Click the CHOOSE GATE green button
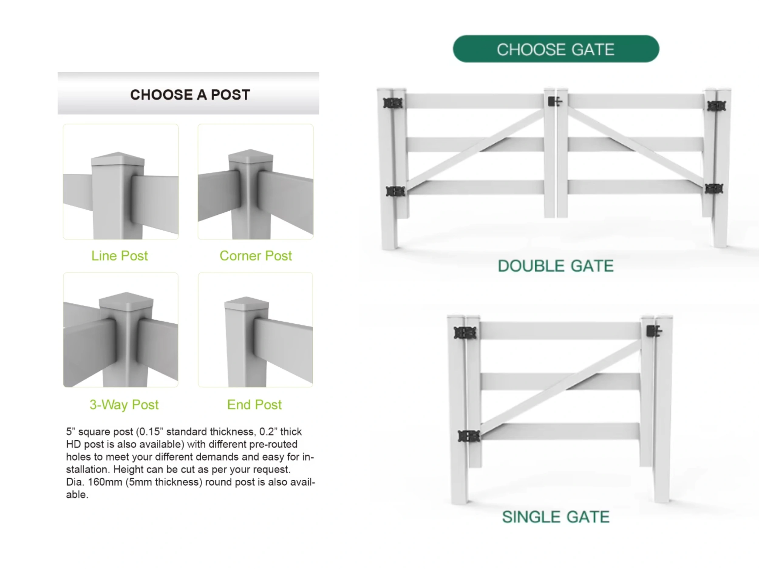[x=556, y=49]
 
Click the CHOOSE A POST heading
[x=190, y=95]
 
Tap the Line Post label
[x=119, y=256]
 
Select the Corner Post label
[x=256, y=256]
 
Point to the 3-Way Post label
[x=124, y=405]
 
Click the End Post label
[x=254, y=405]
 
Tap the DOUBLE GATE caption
[x=556, y=266]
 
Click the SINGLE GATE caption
[x=556, y=517]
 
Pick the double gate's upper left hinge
[x=393, y=103]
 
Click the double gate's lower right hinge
[x=714, y=189]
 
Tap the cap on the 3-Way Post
[x=126, y=300]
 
